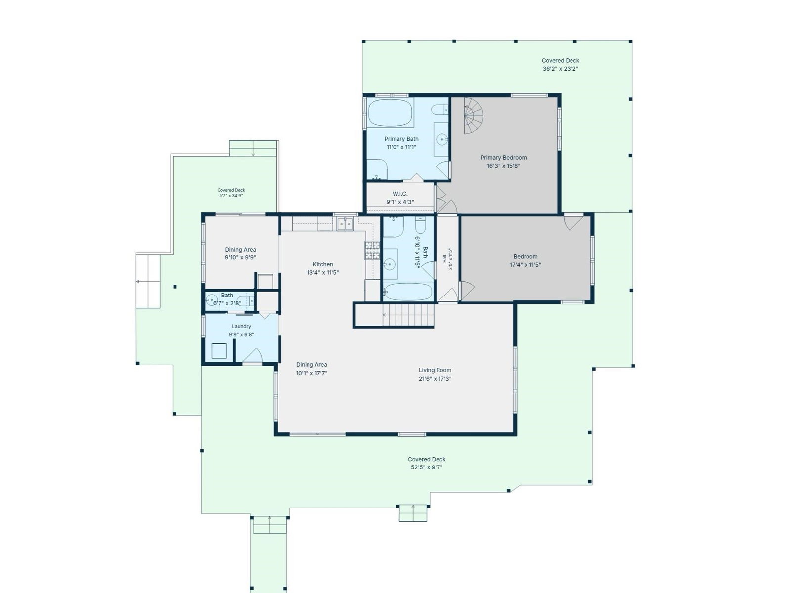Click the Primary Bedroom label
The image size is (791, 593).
click(503, 157)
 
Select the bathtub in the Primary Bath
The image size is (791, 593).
click(390, 112)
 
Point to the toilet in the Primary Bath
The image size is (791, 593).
click(439, 109)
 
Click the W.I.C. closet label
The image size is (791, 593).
click(400, 194)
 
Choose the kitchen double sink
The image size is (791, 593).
click(345, 224)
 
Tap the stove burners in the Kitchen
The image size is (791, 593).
click(372, 250)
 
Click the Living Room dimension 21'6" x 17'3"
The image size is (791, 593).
click(435, 379)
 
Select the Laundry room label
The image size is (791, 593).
click(241, 326)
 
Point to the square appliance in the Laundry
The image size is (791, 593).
click(219, 351)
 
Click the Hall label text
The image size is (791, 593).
click(444, 259)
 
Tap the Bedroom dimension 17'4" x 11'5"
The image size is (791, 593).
click(525, 265)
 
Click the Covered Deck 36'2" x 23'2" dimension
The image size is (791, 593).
click(560, 69)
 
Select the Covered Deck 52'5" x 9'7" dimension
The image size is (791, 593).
click(427, 467)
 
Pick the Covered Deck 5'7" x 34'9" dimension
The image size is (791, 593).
click(231, 196)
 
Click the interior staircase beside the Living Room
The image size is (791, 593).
click(408, 315)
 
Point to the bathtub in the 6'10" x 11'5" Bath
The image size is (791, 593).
click(407, 292)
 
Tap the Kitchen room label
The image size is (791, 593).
click(322, 264)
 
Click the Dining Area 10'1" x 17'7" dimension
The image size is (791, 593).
click(311, 373)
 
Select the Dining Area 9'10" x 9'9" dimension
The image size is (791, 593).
click(240, 257)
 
